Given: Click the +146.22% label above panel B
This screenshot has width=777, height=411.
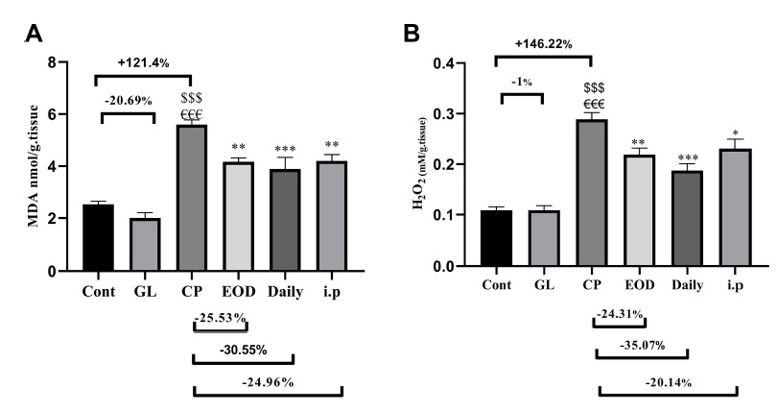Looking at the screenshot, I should coord(545,44).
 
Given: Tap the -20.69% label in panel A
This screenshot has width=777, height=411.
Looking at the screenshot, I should coord(127,100).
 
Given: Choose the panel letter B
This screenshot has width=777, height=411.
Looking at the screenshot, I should coord(412,34).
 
